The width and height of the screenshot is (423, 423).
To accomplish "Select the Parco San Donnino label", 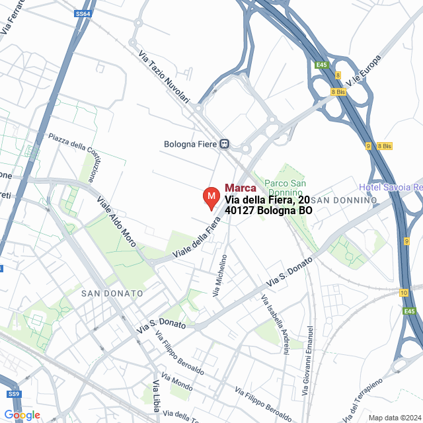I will (284, 188).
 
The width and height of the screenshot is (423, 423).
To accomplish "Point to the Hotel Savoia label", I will (390, 188).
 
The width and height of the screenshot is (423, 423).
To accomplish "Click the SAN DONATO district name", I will (112, 293).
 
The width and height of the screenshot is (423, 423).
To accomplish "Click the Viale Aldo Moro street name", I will (116, 221).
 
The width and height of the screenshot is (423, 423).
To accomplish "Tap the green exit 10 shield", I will (403, 293).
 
